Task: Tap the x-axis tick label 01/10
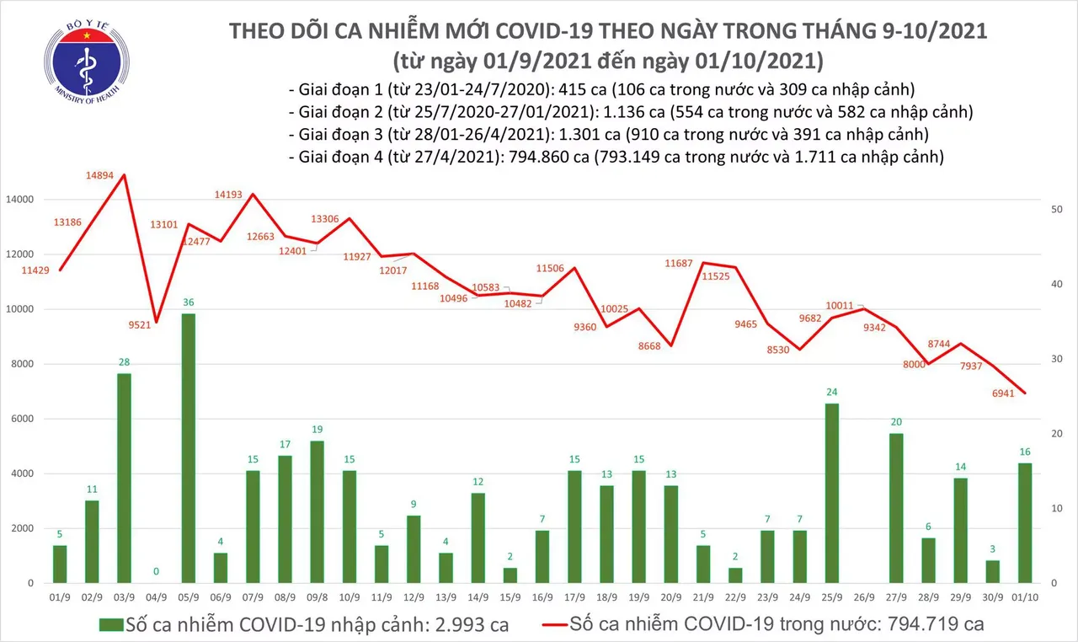pyautogui.click(x=1024, y=596)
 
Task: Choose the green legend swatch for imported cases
pyautogui.click(x=110, y=624)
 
